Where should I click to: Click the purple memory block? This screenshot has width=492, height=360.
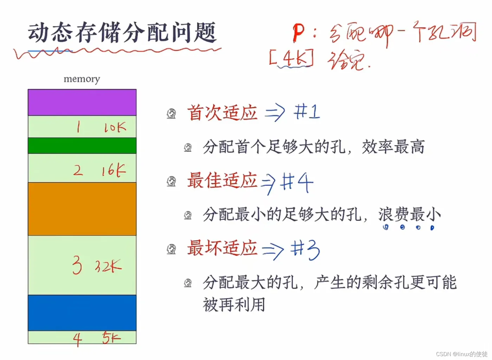[x=82, y=102]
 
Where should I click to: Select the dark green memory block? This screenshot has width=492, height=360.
[x=82, y=146]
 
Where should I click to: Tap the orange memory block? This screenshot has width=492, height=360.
[x=82, y=209]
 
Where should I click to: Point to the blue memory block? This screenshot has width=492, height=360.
[x=82, y=313]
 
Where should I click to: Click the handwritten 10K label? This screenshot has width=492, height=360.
[x=115, y=127]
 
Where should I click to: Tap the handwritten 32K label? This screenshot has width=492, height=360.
[x=108, y=266]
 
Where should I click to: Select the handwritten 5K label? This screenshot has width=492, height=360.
[x=111, y=338]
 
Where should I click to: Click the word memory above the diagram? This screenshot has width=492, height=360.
[x=82, y=79]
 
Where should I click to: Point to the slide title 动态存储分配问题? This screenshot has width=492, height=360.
[x=122, y=33]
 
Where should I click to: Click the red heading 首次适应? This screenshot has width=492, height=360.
[x=222, y=113]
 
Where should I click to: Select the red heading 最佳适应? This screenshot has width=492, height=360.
[x=222, y=180]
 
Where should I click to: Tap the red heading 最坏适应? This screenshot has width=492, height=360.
[x=222, y=248]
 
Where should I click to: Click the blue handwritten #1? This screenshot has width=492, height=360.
[x=307, y=112]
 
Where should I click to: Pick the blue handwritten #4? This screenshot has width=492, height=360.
[x=297, y=182]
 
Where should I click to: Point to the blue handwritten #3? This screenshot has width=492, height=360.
[x=305, y=249]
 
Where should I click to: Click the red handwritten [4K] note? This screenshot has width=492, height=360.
[x=291, y=58]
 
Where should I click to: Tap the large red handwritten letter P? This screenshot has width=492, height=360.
[x=298, y=33]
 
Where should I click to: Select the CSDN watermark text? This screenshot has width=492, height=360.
[x=461, y=354]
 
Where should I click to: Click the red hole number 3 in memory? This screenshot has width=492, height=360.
[x=77, y=265]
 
